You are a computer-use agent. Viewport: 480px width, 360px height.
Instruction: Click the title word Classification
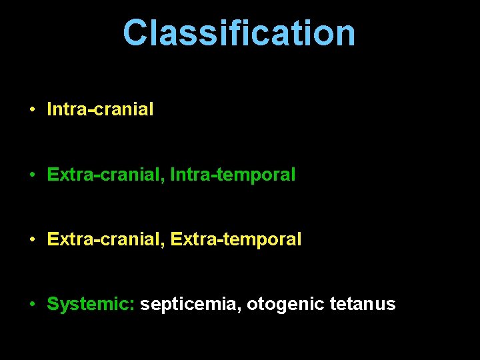pyautogui.click(x=239, y=33)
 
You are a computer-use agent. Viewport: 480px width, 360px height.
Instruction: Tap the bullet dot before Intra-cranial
pyautogui.click(x=32, y=109)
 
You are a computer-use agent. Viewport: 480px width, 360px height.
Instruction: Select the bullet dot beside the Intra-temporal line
pyautogui.click(x=32, y=175)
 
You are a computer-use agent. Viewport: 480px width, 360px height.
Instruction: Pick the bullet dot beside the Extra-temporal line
pyautogui.click(x=32, y=239)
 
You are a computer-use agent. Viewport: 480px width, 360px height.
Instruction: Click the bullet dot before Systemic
pyautogui.click(x=32, y=305)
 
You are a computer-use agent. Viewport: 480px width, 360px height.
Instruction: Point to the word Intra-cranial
pyautogui.click(x=100, y=109)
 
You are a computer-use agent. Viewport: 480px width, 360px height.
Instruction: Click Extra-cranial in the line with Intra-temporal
pyautogui.click(x=104, y=175)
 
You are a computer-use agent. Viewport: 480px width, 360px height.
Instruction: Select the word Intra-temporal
pyautogui.click(x=233, y=175)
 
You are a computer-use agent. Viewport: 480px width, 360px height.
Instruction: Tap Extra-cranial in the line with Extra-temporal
pyautogui.click(x=104, y=239)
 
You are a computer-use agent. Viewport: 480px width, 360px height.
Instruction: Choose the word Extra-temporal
pyautogui.click(x=236, y=239)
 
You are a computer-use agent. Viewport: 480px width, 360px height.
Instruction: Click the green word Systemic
pyautogui.click(x=89, y=305)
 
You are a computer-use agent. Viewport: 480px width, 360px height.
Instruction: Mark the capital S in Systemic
pyautogui.click(x=53, y=305)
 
